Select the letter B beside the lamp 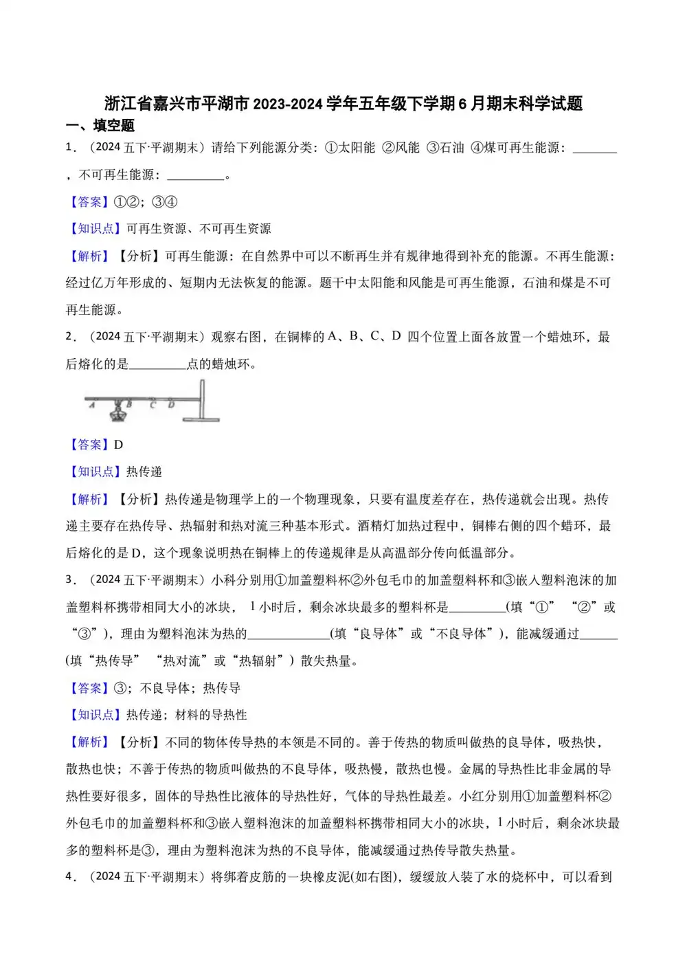(129, 404)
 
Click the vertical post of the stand (202, 399)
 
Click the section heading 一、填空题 (100, 126)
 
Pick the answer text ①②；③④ (145, 202)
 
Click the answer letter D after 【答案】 (118, 445)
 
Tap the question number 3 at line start (69, 579)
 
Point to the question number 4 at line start (69, 876)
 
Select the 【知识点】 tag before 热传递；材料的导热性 (95, 715)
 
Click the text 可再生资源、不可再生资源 (199, 229)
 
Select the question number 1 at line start (69, 148)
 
